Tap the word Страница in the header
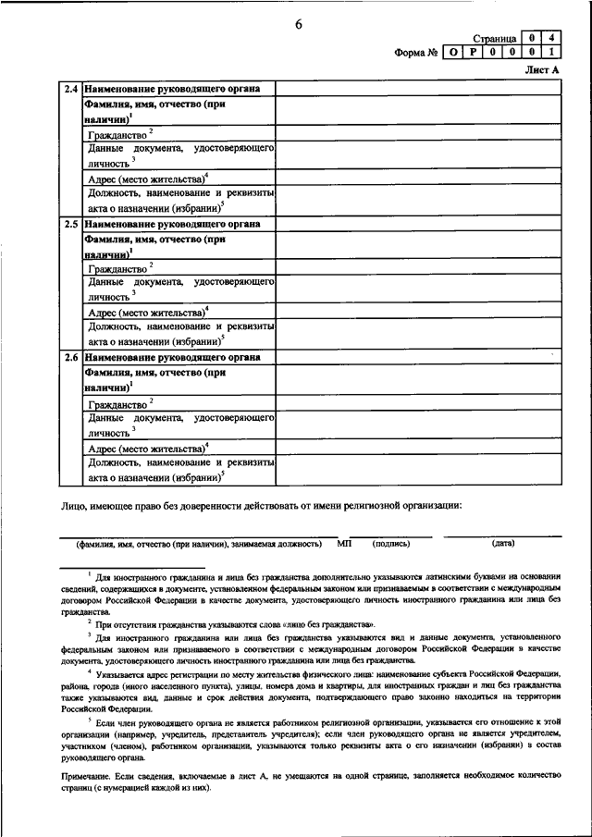coord(493,40)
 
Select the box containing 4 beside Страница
coord(551,39)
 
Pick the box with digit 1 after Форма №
coord(551,53)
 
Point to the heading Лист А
coord(542,71)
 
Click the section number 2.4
coord(71,89)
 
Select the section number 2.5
coord(71,224)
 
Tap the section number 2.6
coord(71,358)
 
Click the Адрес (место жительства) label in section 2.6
coord(145,448)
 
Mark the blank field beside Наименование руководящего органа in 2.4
coord(417,89)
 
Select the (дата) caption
coord(503,544)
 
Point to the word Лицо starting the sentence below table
coord(74,505)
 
